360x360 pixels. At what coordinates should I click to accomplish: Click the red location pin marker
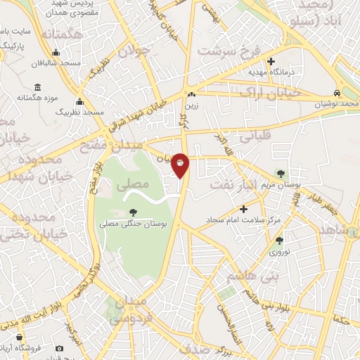click(181, 164)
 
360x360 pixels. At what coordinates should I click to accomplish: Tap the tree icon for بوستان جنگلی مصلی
click(134, 212)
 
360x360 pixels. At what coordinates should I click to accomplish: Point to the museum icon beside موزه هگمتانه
click(37, 88)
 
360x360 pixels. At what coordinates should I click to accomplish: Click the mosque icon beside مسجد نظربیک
click(79, 102)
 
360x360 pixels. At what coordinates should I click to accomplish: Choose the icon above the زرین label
click(191, 94)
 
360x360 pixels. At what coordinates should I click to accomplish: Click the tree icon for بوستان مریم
click(282, 172)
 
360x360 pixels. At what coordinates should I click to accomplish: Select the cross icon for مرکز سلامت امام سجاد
click(243, 209)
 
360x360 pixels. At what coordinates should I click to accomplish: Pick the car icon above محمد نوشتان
click(338, 93)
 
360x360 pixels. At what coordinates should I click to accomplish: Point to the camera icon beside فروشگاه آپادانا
click(59, 349)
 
